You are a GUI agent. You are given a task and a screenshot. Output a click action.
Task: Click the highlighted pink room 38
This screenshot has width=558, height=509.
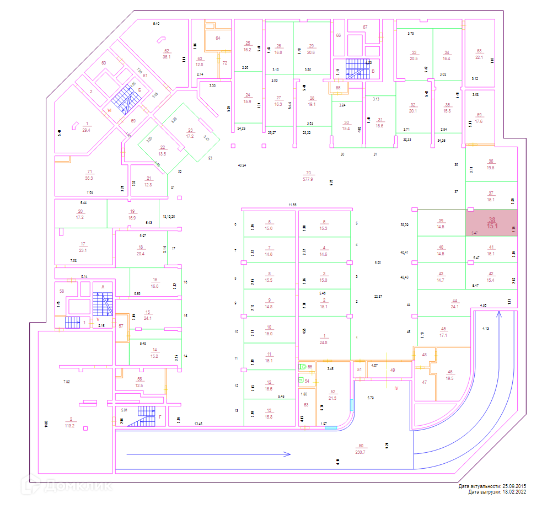tap(491, 222)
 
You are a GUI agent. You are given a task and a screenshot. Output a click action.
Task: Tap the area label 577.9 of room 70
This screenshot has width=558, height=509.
tap(308, 179)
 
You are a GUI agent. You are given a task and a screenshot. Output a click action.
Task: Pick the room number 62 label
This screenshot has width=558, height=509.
tap(166, 51)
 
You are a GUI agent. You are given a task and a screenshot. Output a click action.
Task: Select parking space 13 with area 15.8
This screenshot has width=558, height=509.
tap(269, 413)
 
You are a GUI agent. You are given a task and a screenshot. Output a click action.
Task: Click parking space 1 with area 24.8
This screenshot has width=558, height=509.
tap(324, 339)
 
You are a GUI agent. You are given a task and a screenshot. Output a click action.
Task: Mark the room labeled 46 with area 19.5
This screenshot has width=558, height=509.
tap(450, 375)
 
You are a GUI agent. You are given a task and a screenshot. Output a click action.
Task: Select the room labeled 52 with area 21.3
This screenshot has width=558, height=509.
tap(332, 395)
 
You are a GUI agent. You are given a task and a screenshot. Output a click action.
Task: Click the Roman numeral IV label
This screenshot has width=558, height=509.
tap(396, 389)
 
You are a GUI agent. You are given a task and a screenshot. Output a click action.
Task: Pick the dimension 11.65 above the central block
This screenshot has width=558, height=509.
tap(292, 205)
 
